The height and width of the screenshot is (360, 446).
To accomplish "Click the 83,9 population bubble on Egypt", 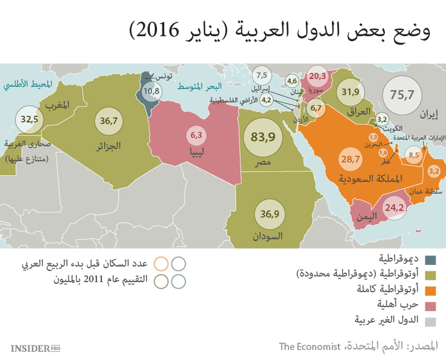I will [262, 137].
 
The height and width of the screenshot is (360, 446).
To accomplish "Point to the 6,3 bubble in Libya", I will [196, 135].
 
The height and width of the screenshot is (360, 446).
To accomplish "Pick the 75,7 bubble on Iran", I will [401, 94].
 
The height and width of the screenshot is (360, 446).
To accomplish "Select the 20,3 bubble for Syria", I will [317, 76].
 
